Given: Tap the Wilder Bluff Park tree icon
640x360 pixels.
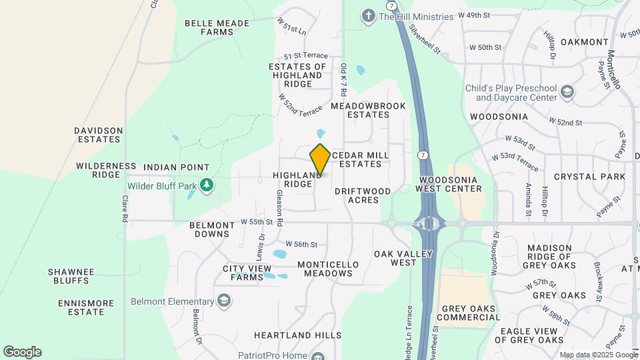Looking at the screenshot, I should (x=207, y=184).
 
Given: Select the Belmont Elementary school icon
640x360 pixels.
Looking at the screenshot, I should (x=223, y=301).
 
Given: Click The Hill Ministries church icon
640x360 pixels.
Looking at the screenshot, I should (x=368, y=16).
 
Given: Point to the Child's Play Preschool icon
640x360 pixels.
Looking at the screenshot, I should (x=567, y=92).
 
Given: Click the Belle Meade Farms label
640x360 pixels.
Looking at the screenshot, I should (x=217, y=27).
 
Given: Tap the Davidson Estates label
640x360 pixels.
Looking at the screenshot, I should (x=99, y=135).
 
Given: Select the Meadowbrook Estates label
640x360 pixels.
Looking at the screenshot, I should (x=360, y=110).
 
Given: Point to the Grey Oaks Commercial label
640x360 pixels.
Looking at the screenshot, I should (x=469, y=312).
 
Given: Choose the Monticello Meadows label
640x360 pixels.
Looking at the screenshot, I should (x=328, y=269).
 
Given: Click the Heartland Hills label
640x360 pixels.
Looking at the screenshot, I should (x=297, y=335).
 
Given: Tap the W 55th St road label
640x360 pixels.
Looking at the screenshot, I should (x=257, y=221).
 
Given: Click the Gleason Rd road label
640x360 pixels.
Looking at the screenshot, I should (x=280, y=207).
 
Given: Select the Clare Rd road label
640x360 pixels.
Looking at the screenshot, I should (x=125, y=209).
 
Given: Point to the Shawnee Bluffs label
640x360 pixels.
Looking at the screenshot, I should (x=71, y=276).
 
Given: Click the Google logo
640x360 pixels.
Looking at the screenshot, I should (x=22, y=352).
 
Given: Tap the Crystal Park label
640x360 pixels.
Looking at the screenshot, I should (x=589, y=177).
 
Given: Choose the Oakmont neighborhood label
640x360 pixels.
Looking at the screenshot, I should (x=584, y=42).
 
